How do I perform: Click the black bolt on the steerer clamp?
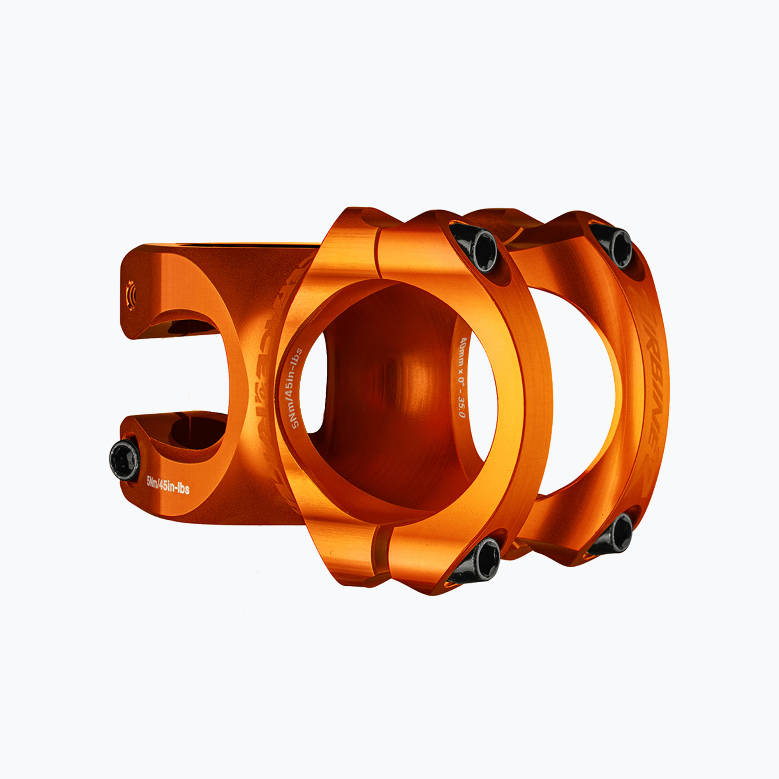[125, 460]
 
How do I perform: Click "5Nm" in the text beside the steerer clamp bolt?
[152, 481]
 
